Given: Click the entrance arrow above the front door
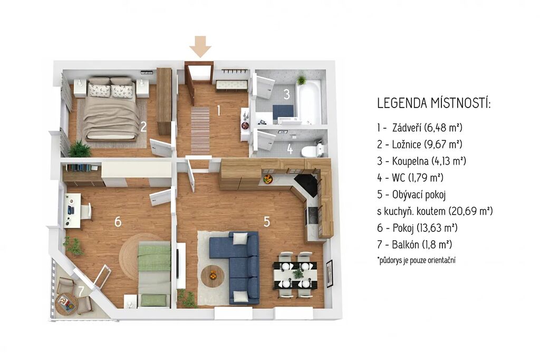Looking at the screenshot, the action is [x=200, y=46].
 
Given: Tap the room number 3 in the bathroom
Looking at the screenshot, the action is [x=286, y=94].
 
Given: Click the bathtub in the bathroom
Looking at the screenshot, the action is [x=308, y=102].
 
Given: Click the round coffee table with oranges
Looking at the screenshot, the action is [x=213, y=276].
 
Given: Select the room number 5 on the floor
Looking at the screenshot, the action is [x=266, y=222].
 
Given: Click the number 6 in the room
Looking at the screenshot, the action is [x=118, y=222].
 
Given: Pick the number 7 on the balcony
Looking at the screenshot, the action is [x=81, y=291].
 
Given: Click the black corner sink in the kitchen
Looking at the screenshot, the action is [x=306, y=185].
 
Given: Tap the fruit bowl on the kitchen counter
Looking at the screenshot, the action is [x=267, y=179].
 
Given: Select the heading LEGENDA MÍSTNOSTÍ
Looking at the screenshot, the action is [x=434, y=103].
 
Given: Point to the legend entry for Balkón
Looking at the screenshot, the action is [x=414, y=245].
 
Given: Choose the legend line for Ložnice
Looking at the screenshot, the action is [x=419, y=144].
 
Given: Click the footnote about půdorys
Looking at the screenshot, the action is [x=416, y=260].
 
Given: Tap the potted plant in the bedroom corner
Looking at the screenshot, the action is [x=80, y=149].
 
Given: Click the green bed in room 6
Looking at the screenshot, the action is [x=154, y=274].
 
